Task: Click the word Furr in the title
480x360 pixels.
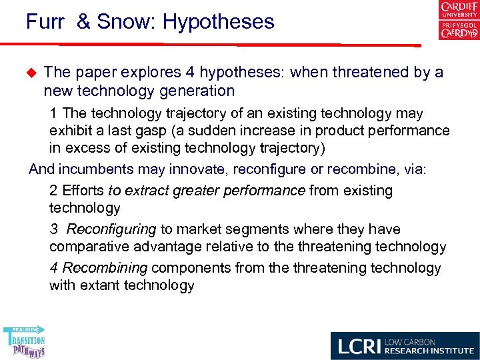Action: click(45, 22)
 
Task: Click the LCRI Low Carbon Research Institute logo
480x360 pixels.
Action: click(405, 346)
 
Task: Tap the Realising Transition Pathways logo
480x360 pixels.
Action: click(25, 341)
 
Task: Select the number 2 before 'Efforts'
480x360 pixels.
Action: click(53, 191)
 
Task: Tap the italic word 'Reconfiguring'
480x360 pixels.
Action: click(111, 229)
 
